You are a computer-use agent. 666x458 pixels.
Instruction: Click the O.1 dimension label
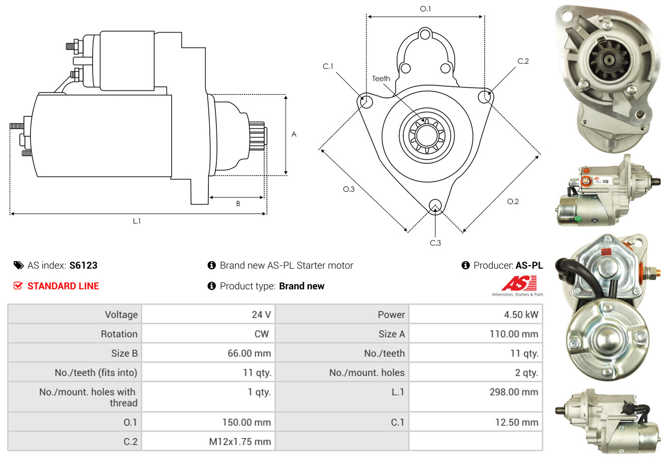tap(425, 9)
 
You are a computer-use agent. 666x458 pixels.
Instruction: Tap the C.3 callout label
tap(435, 243)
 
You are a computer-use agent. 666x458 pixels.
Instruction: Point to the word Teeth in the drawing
tap(381, 79)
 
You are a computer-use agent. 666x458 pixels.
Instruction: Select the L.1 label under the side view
tap(137, 221)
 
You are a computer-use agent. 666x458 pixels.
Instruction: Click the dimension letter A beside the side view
tap(294, 134)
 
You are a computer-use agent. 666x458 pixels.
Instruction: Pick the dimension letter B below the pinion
tap(238, 203)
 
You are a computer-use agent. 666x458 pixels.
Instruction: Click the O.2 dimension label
tap(513, 201)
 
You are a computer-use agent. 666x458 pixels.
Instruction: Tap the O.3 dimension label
tap(349, 189)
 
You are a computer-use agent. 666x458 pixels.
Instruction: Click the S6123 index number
tap(84, 265)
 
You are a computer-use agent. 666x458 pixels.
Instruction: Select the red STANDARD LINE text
tap(63, 286)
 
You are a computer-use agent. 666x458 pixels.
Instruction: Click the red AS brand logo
tap(519, 283)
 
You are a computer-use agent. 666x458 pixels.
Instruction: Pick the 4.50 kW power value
tap(521, 315)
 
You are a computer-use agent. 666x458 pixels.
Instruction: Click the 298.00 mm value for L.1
tap(514, 392)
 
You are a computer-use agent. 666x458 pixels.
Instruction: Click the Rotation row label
tap(119, 334)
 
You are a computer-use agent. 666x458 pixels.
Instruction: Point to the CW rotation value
tap(262, 334)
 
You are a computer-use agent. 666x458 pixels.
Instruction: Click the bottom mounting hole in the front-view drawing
tap(435, 206)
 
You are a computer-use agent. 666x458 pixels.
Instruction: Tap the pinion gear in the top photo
tap(609, 61)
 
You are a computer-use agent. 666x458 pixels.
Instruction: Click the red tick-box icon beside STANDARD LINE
tap(18, 286)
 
